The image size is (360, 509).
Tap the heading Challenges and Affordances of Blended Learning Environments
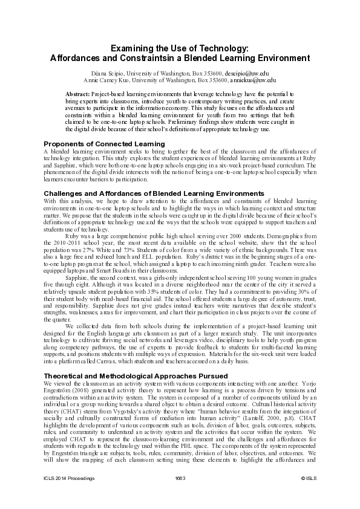coord(154,193)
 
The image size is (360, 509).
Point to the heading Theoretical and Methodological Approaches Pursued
coord(136,376)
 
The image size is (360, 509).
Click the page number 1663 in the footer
coord(179,478)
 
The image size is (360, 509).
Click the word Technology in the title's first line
coord(217,47)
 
